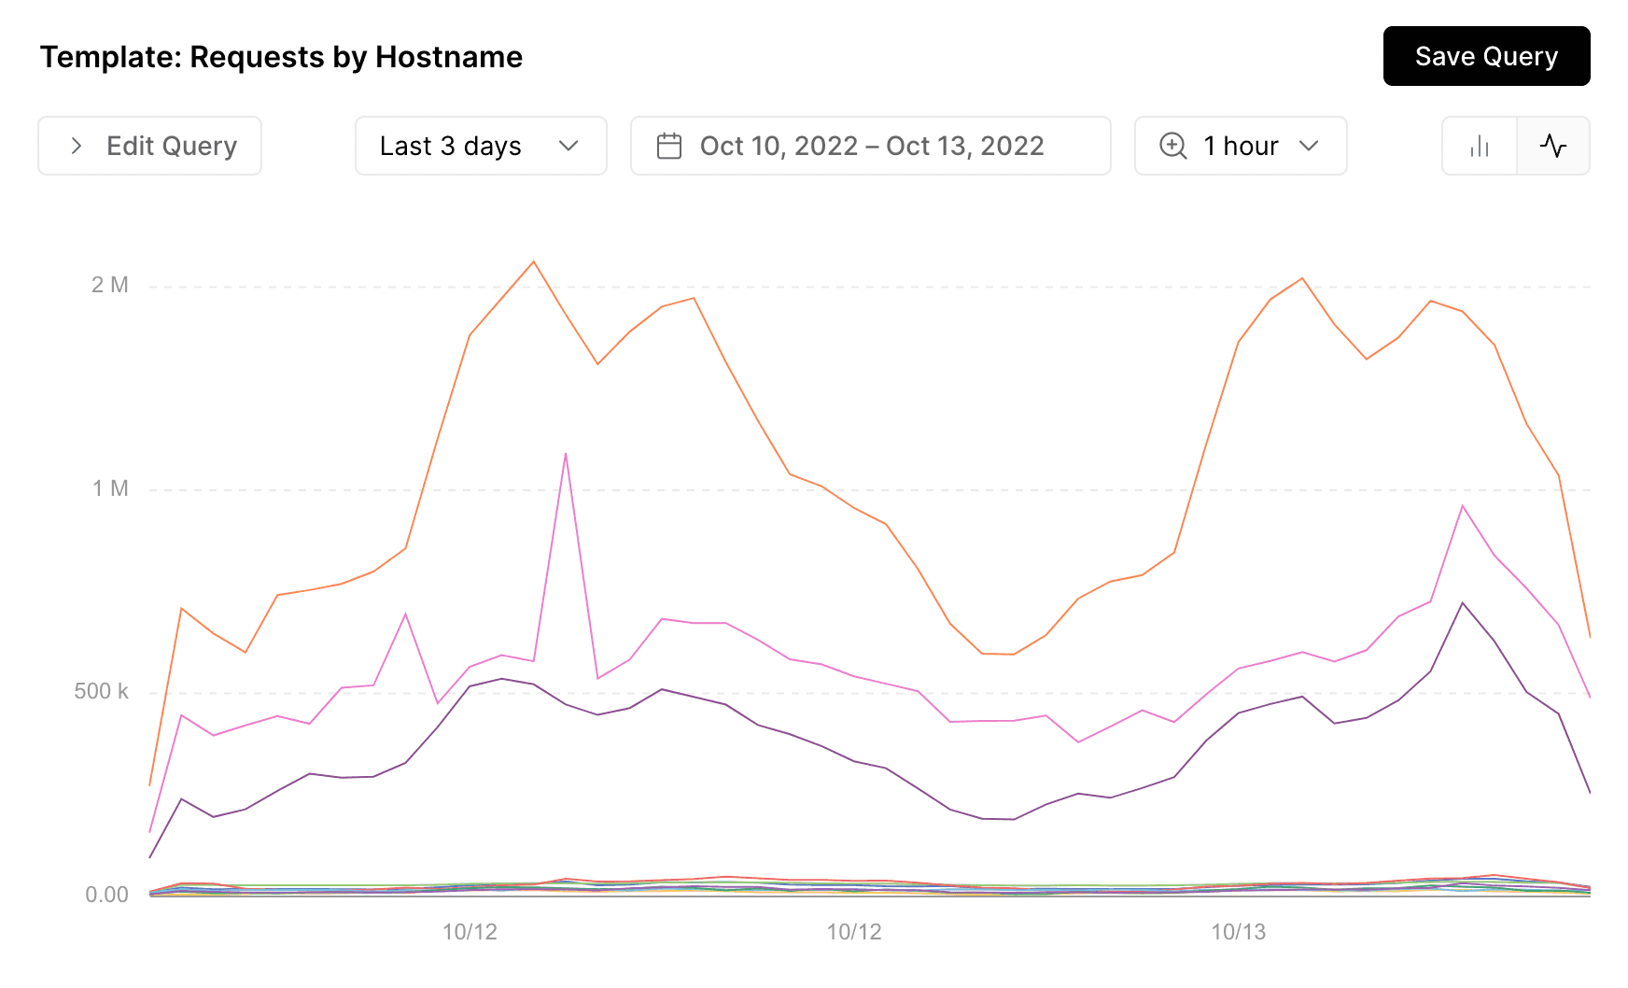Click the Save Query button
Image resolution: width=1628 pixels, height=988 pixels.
point(1486,56)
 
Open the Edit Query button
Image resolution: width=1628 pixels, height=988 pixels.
point(150,146)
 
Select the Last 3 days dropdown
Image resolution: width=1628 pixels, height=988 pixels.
point(480,146)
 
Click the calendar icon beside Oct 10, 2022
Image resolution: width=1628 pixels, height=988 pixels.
point(669,146)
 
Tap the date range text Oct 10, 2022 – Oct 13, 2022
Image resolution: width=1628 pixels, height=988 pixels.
point(872,146)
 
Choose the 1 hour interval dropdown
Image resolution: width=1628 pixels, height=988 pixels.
point(1241,146)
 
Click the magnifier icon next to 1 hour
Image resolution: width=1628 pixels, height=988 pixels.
point(1172,146)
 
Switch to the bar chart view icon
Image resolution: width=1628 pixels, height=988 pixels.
point(1480,146)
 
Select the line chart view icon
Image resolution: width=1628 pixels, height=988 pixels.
point(1553,146)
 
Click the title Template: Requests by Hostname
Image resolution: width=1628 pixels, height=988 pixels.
point(281,57)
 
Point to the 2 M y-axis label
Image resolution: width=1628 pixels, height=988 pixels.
point(110,285)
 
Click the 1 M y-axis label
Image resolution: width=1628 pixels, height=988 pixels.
point(110,488)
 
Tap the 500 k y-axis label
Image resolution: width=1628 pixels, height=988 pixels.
point(101,691)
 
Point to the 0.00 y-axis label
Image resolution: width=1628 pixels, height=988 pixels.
point(106,895)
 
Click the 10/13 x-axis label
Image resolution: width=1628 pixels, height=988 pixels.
point(1238,931)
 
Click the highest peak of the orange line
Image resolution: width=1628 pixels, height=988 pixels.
point(534,261)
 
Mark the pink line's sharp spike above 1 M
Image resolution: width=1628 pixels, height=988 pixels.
point(566,454)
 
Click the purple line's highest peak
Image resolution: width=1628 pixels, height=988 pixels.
point(1463,602)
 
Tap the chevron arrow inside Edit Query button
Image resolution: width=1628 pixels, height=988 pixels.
point(77,146)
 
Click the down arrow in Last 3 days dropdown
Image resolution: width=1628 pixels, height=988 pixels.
point(568,146)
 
